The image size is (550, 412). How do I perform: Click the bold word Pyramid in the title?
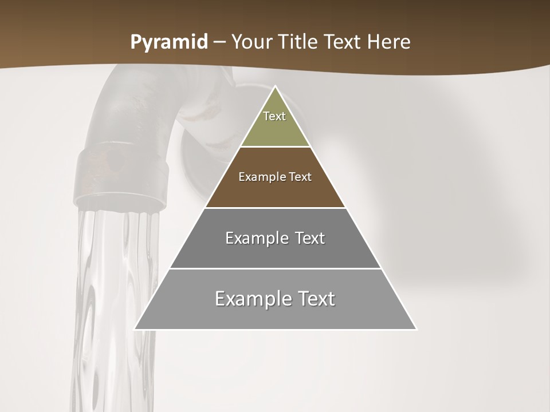[x=169, y=42]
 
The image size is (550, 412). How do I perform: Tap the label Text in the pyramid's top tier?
[x=274, y=116]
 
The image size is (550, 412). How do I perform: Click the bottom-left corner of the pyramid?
[x=135, y=329]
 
